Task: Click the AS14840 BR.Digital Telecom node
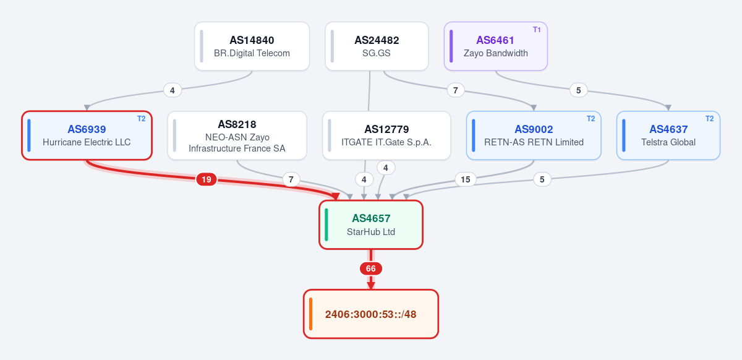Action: (x=252, y=46)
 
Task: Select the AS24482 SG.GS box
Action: (x=377, y=46)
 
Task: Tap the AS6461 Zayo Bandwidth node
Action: (x=495, y=46)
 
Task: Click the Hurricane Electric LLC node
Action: (x=87, y=135)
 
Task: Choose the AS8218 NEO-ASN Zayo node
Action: (x=237, y=135)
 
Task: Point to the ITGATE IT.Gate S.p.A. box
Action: (x=386, y=135)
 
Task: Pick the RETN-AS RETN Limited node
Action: (x=534, y=135)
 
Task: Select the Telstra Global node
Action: (x=668, y=135)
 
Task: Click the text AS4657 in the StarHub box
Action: (x=371, y=218)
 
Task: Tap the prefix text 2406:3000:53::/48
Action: (x=370, y=314)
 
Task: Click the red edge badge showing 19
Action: (x=207, y=179)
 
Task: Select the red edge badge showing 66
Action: (x=371, y=268)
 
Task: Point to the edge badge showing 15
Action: (x=466, y=179)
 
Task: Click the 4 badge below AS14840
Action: (x=173, y=90)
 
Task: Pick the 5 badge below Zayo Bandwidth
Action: (x=578, y=90)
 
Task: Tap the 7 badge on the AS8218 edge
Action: (x=291, y=179)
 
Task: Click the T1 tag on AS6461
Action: (x=537, y=30)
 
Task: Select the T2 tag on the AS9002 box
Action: (x=591, y=119)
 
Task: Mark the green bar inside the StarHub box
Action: (x=326, y=225)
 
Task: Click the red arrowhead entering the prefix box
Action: (x=371, y=285)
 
